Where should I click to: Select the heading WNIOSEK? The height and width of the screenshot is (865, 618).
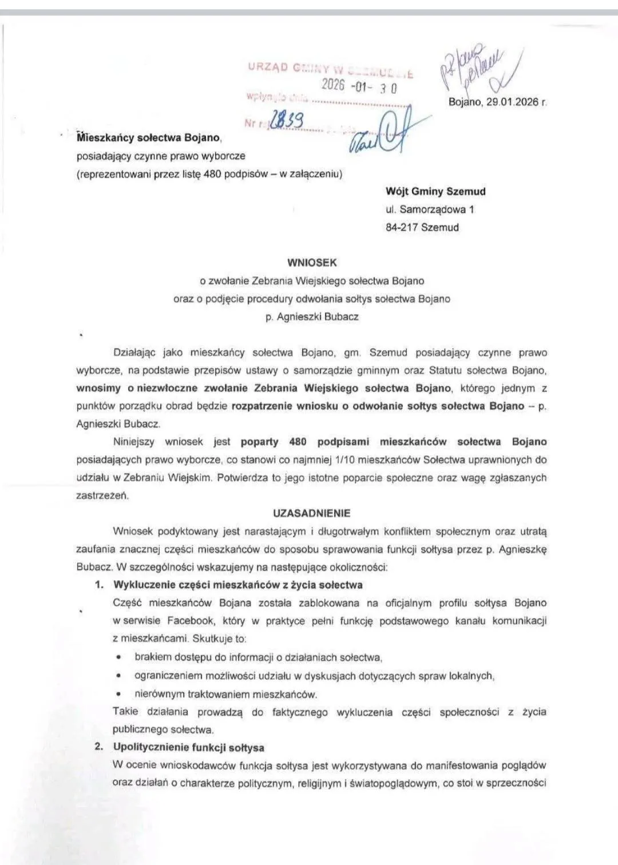[x=312, y=263]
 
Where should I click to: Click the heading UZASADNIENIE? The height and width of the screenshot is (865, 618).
[x=312, y=513]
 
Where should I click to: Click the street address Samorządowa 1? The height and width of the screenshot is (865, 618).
[x=437, y=209]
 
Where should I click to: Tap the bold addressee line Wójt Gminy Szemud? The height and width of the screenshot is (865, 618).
[x=435, y=192]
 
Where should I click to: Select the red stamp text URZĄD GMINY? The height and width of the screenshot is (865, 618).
[x=280, y=67]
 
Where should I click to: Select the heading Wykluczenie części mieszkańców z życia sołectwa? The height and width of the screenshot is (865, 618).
[x=237, y=585]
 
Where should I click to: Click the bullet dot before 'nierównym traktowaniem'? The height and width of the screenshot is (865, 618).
[x=118, y=694]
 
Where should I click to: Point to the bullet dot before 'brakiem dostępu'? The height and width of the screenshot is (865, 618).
[x=118, y=657]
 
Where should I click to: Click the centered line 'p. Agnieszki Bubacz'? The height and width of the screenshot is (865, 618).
[x=312, y=316]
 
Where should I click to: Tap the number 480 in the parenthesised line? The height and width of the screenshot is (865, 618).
[x=213, y=174]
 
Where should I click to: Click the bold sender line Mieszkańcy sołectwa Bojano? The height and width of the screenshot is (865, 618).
[x=148, y=137]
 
